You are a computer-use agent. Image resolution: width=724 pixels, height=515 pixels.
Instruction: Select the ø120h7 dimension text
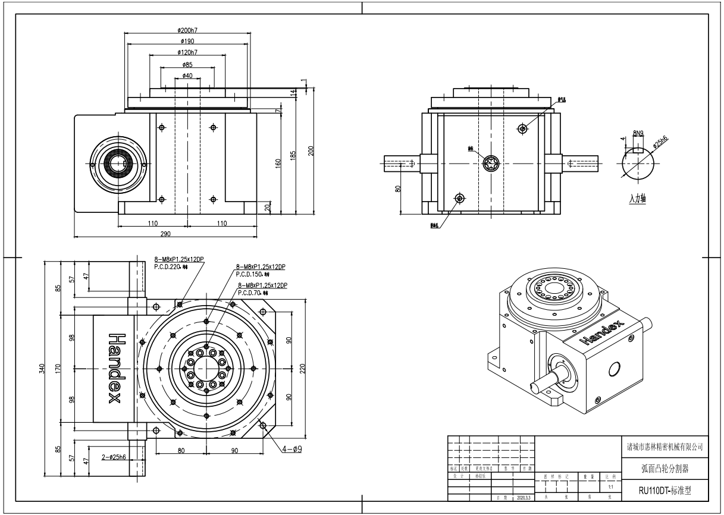point(187,52)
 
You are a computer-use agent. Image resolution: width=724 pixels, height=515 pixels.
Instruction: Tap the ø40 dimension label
point(187,76)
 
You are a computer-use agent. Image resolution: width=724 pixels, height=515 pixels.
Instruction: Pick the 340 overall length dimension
point(42,369)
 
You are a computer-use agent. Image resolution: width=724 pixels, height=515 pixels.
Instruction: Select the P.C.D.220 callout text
point(171,268)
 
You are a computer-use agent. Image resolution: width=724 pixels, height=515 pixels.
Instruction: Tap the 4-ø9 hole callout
point(292,450)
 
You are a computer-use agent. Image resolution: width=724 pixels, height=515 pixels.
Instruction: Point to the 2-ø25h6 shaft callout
point(114,457)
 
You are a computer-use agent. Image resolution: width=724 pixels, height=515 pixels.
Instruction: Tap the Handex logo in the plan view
point(114,369)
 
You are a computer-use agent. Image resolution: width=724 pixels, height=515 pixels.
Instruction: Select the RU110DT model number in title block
point(665,491)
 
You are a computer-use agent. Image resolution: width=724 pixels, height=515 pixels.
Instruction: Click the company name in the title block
point(665,446)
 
